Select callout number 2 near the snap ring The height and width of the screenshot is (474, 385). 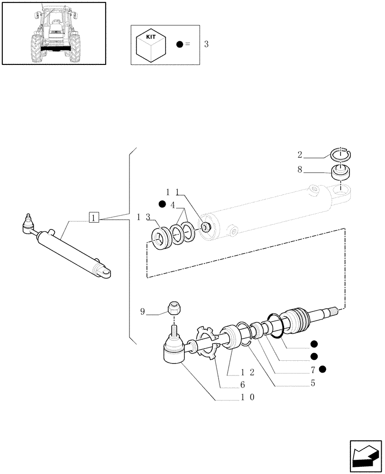click(300, 154)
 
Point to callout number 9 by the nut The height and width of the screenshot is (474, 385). click(142, 312)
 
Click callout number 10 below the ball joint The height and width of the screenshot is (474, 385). click(247, 397)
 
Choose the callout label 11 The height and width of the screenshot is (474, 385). click(172, 192)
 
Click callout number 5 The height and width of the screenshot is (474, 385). click(312, 383)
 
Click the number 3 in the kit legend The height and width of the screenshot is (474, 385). click(206, 45)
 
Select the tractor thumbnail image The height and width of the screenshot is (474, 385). click(53, 33)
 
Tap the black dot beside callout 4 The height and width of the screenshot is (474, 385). click(162, 204)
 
